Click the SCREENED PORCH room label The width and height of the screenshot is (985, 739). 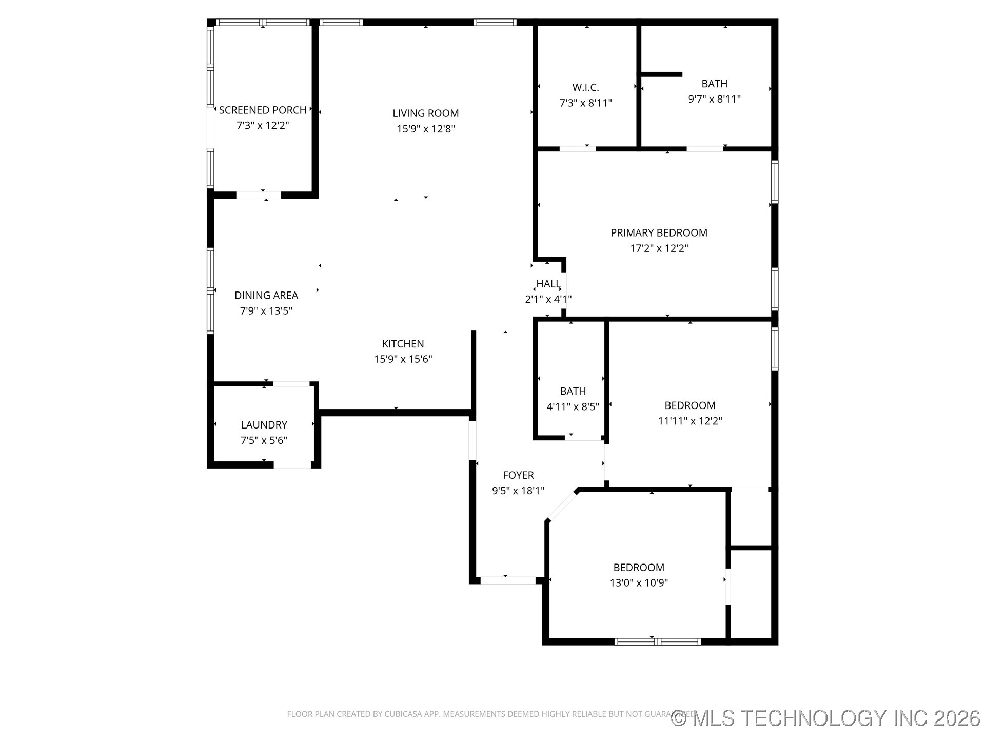[263, 110]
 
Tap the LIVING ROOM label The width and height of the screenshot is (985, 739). [426, 113]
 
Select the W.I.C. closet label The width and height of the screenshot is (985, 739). [586, 88]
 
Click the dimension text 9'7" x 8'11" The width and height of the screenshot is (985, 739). [715, 99]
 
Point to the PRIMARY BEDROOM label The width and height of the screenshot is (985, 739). [659, 233]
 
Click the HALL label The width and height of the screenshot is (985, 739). [548, 284]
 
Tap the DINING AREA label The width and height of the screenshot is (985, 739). [266, 296]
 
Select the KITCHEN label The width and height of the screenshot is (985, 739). [403, 344]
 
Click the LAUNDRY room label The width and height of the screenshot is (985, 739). [264, 425]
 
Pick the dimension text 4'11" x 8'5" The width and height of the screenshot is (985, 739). [573, 407]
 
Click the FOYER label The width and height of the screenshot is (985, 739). [519, 475]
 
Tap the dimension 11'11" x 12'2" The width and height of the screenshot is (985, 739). [690, 421]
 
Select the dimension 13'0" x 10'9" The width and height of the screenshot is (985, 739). [639, 583]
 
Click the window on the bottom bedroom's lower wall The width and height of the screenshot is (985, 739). [658, 641]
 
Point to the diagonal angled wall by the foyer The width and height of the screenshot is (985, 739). [563, 505]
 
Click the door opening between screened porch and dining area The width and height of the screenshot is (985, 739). [259, 195]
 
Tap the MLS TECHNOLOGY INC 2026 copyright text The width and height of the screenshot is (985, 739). [825, 718]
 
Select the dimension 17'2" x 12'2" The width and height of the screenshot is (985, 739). [659, 248]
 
